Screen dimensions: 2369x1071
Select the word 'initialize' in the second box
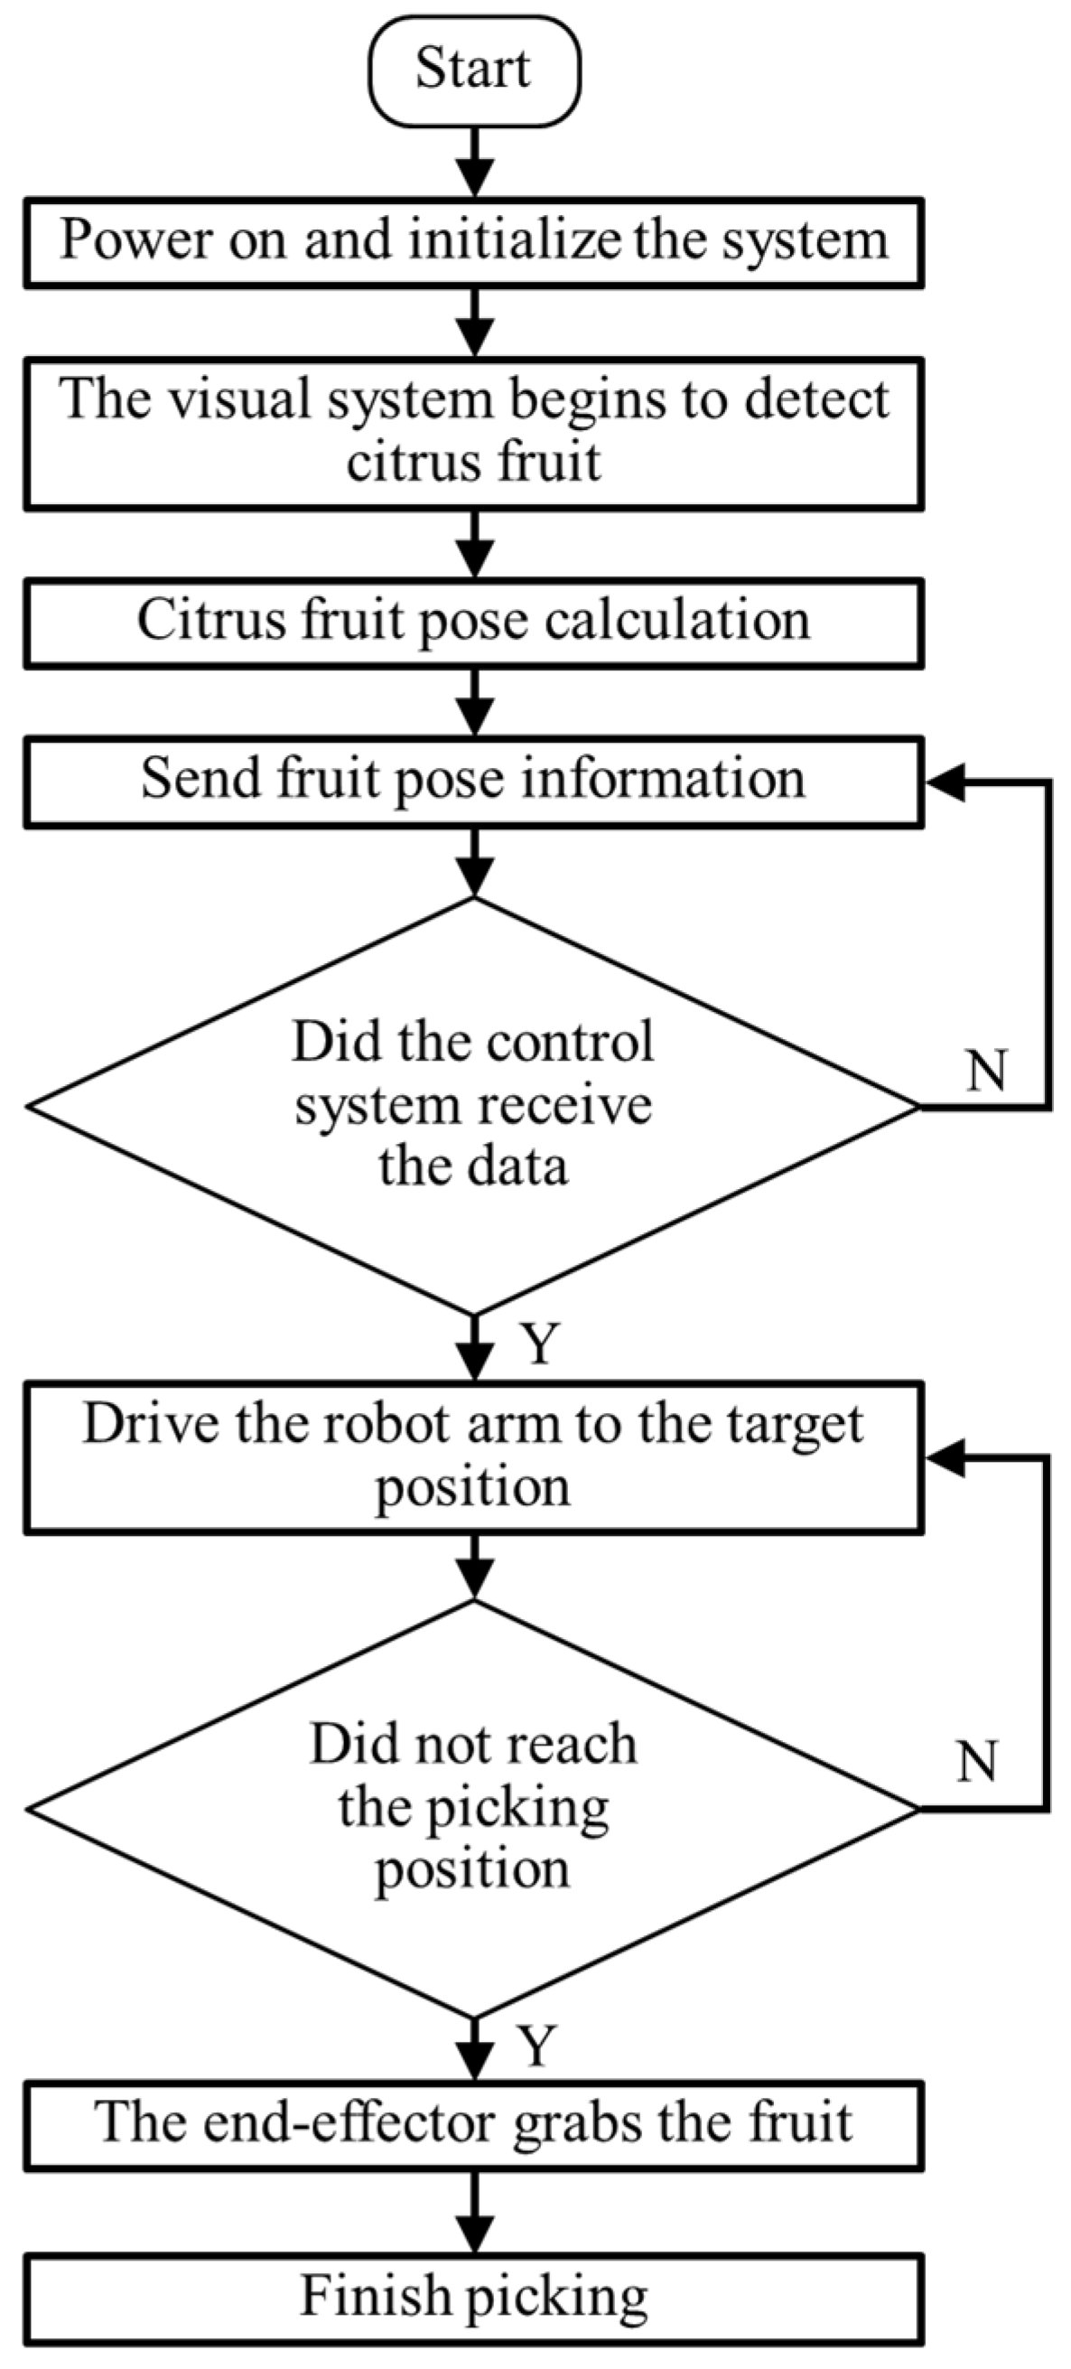(515, 241)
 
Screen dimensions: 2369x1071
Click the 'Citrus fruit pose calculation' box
(473, 622)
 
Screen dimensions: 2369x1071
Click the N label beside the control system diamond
(987, 1071)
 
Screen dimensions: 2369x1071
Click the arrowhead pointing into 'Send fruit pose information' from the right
(947, 782)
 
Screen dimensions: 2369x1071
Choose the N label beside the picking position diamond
(976, 1762)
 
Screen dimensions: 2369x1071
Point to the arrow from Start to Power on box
(474, 162)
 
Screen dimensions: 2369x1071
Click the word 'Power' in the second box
(136, 241)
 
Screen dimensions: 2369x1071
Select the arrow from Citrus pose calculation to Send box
(474, 702)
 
